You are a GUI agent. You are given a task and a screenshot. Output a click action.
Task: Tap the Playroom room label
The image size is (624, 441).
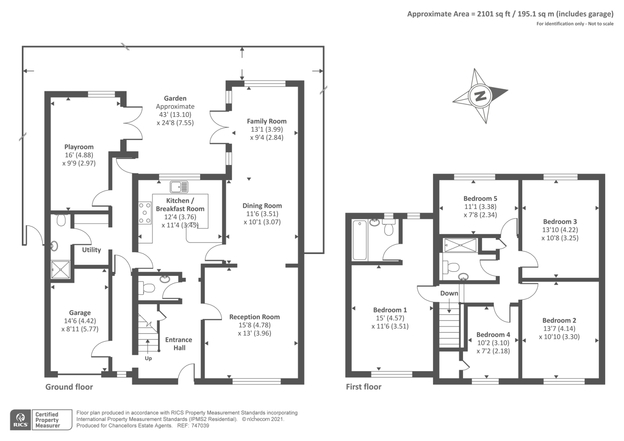79,147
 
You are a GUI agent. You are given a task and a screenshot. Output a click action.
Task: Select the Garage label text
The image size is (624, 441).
80,313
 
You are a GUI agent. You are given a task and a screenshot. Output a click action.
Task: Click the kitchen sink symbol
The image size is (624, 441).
179,187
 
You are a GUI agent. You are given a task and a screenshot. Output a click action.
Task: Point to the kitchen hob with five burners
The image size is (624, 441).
145,213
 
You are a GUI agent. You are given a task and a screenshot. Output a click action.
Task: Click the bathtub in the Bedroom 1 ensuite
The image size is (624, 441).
360,240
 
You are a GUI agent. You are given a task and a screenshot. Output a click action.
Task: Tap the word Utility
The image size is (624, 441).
91,250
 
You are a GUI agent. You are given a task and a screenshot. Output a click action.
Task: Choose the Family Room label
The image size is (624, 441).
267,121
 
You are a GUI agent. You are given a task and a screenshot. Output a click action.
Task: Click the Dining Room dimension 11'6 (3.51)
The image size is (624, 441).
262,214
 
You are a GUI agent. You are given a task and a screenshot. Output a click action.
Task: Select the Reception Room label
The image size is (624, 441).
254,317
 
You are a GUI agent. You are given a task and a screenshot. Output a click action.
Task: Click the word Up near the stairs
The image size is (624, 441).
148,359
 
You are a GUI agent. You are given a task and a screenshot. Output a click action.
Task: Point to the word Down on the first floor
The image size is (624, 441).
449,293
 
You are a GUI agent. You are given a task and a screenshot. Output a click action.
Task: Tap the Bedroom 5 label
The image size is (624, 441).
480,199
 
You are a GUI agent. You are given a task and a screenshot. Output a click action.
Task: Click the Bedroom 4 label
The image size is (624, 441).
493,334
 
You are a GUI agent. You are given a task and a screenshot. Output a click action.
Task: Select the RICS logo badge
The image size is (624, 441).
21,420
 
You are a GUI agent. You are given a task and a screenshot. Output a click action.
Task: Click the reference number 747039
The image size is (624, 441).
200,426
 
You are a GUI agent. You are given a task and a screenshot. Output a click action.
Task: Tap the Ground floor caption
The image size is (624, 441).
69,387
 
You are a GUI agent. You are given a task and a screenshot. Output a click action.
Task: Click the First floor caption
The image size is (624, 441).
363,387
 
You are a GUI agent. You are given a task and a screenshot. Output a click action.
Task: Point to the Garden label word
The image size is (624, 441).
175,98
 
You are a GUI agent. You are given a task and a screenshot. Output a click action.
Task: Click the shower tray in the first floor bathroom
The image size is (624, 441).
460,245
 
